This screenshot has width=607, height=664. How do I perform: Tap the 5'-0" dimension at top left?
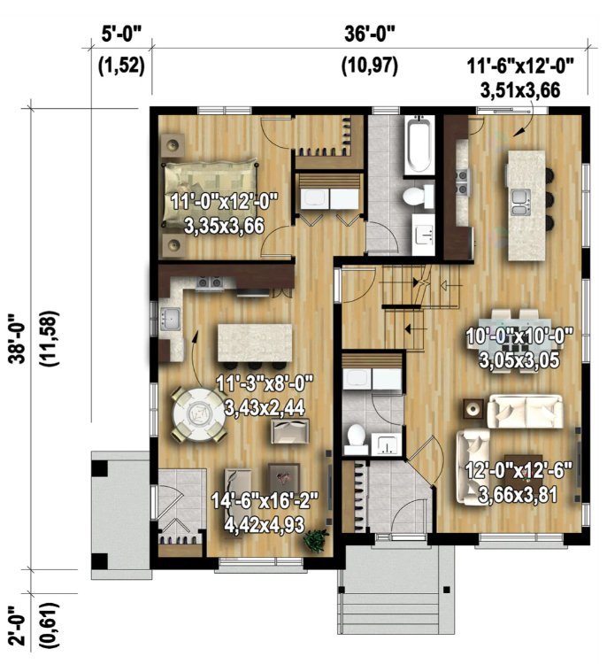[120, 34]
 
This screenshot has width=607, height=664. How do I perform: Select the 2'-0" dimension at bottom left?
[19, 626]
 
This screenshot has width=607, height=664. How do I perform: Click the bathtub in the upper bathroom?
[419, 145]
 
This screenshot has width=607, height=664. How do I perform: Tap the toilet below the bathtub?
[416, 196]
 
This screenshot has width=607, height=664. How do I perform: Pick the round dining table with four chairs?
[198, 415]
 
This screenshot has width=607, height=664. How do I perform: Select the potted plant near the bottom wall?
[316, 539]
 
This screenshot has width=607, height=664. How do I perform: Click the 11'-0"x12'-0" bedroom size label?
[224, 201]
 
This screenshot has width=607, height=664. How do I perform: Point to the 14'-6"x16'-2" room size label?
[265, 502]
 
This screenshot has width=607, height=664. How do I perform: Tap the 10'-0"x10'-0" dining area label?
[519, 337]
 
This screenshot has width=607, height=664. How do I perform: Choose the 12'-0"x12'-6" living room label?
[519, 470]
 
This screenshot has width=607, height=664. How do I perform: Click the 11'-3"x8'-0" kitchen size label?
[265, 384]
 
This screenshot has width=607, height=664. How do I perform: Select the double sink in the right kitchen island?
[521, 202]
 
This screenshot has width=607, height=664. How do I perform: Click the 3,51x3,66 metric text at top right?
[520, 90]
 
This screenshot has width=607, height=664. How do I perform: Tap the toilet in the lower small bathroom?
[356, 436]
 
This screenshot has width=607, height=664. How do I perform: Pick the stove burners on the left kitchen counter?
[210, 282]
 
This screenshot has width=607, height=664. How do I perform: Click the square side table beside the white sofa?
[473, 409]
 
